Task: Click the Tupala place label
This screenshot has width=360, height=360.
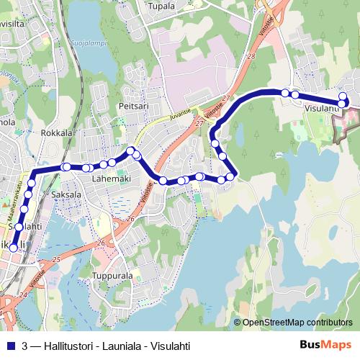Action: click(x=161, y=6)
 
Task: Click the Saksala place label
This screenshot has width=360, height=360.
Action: click(x=66, y=194)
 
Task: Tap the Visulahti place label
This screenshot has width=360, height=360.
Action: click(x=321, y=109)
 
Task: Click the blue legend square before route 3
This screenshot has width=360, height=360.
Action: click(x=11, y=346)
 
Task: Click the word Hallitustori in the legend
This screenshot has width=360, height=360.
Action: click(x=66, y=346)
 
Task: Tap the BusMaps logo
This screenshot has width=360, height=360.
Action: click(x=325, y=346)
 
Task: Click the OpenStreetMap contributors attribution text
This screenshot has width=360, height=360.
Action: click(x=297, y=323)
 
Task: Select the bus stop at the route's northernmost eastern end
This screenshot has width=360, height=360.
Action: click(x=343, y=96)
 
